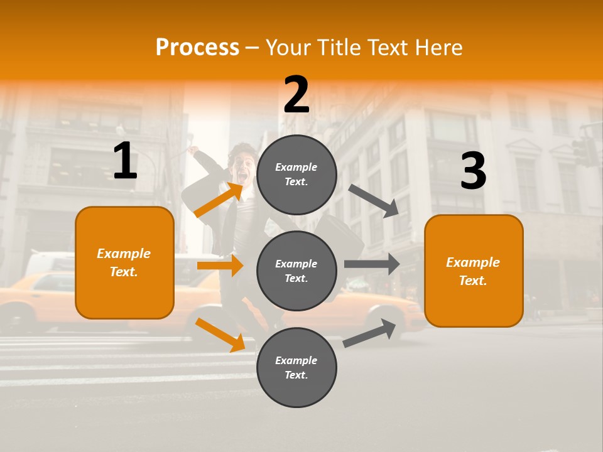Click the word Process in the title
[x=197, y=48]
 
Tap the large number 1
[x=125, y=161]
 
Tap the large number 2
[x=296, y=95]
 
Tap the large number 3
[x=473, y=171]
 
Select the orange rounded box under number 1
[x=124, y=262]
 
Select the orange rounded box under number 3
[x=474, y=271]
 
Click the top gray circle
[x=296, y=175]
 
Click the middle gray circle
[x=296, y=271]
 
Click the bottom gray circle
[x=296, y=367]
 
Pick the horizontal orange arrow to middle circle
[x=220, y=266]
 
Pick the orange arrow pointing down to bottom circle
[x=220, y=335]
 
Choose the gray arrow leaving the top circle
[x=374, y=201]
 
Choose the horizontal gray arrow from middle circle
[x=371, y=264]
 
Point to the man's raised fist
[x=195, y=151]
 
